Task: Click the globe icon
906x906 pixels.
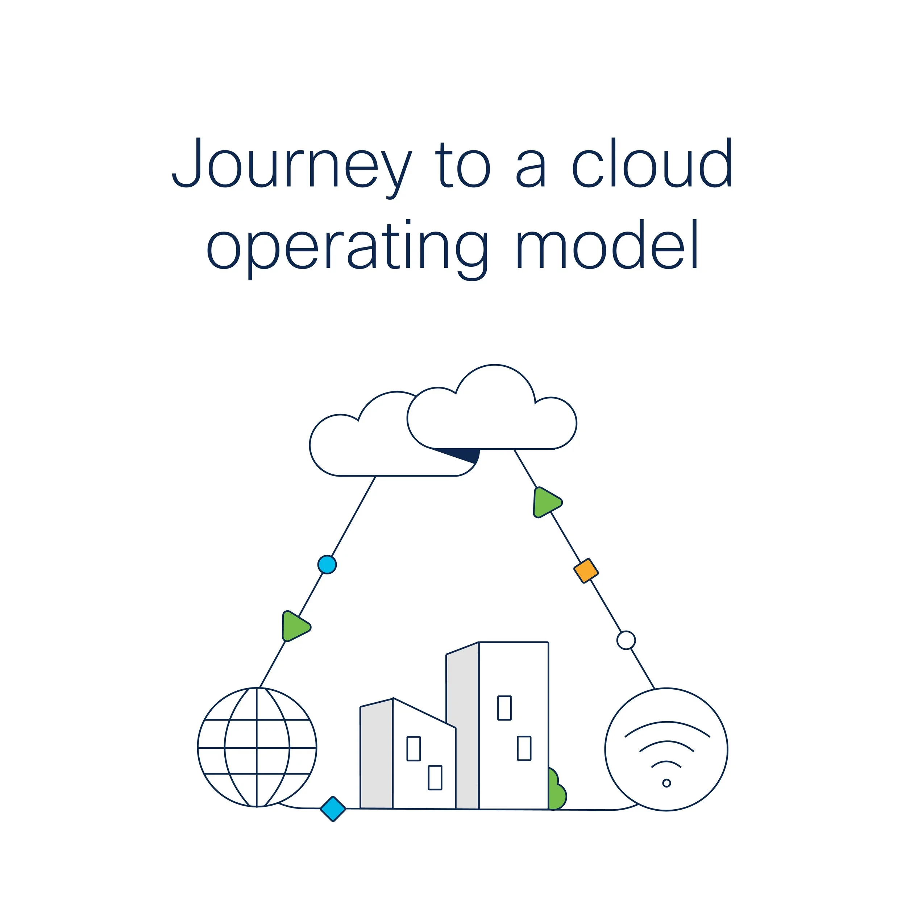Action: click(257, 748)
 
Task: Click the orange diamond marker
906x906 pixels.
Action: click(586, 571)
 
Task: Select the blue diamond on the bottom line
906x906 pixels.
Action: click(333, 809)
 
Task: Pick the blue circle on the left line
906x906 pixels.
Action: click(327, 565)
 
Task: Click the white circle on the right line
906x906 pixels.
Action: click(626, 640)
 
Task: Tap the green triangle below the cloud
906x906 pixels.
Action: click(546, 502)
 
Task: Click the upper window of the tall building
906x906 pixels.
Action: click(504, 708)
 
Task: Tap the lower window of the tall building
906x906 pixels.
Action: click(524, 748)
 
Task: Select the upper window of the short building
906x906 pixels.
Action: click(413, 748)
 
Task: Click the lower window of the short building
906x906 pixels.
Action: click(435, 777)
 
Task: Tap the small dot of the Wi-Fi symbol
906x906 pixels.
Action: click(666, 783)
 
